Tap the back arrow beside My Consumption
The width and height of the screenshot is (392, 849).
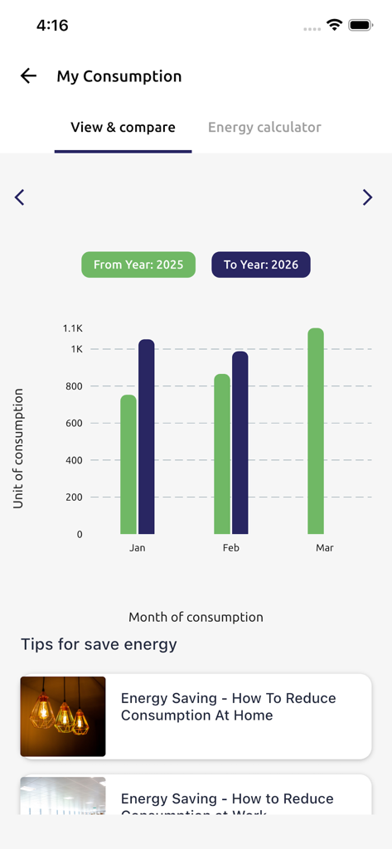point(29,76)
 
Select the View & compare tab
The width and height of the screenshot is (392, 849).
point(123,128)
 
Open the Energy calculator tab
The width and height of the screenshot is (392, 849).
point(264,128)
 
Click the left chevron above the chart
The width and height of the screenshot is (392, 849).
point(20,197)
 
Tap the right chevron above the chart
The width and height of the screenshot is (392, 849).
point(367,197)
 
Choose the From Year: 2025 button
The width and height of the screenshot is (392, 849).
point(138,264)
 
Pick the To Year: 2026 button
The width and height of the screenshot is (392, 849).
point(261,264)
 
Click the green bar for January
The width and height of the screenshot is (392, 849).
point(128,464)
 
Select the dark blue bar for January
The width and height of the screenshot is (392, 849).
point(147,437)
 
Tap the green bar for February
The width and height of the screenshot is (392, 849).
point(222,454)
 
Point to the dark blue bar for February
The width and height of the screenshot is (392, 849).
point(240,443)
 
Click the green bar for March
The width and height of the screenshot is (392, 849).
point(316,431)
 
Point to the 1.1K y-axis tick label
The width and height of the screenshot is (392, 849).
point(73,328)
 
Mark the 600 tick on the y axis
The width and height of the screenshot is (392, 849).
point(74,423)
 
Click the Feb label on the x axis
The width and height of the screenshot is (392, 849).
point(231,548)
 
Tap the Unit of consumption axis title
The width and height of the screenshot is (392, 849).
point(18,449)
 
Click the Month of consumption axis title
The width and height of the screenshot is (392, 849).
point(196,617)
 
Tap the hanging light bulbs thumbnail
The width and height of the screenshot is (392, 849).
point(63,716)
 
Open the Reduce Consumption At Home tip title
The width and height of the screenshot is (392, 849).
point(228,706)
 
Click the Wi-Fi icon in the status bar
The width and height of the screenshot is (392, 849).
point(335,25)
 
